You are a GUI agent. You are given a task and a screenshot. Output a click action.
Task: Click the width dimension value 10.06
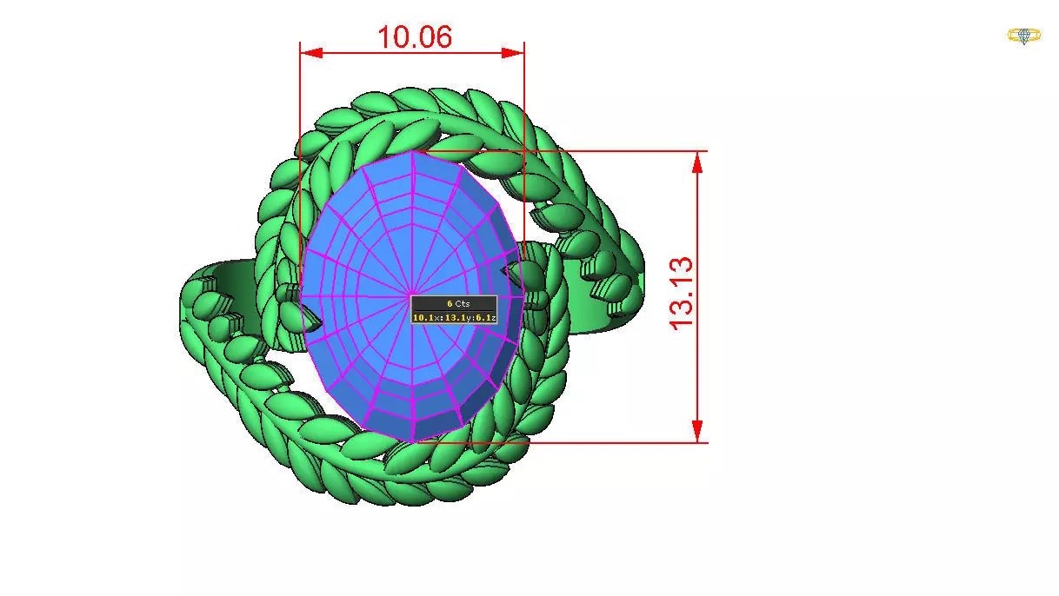point(414,36)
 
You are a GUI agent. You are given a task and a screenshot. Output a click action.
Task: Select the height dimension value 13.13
point(683,292)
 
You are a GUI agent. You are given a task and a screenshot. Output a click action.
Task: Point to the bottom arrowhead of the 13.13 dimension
point(697,431)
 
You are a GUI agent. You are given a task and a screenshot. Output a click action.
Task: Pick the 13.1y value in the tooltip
point(458,317)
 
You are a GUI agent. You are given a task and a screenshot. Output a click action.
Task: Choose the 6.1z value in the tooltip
point(485,317)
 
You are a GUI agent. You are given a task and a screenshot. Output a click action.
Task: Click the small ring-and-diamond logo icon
point(1024,36)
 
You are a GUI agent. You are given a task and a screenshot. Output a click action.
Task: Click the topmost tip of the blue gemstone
point(413,151)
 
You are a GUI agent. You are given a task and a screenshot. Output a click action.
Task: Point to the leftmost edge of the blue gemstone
point(301,295)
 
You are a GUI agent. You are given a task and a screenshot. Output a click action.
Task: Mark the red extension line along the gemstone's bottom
point(609,442)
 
